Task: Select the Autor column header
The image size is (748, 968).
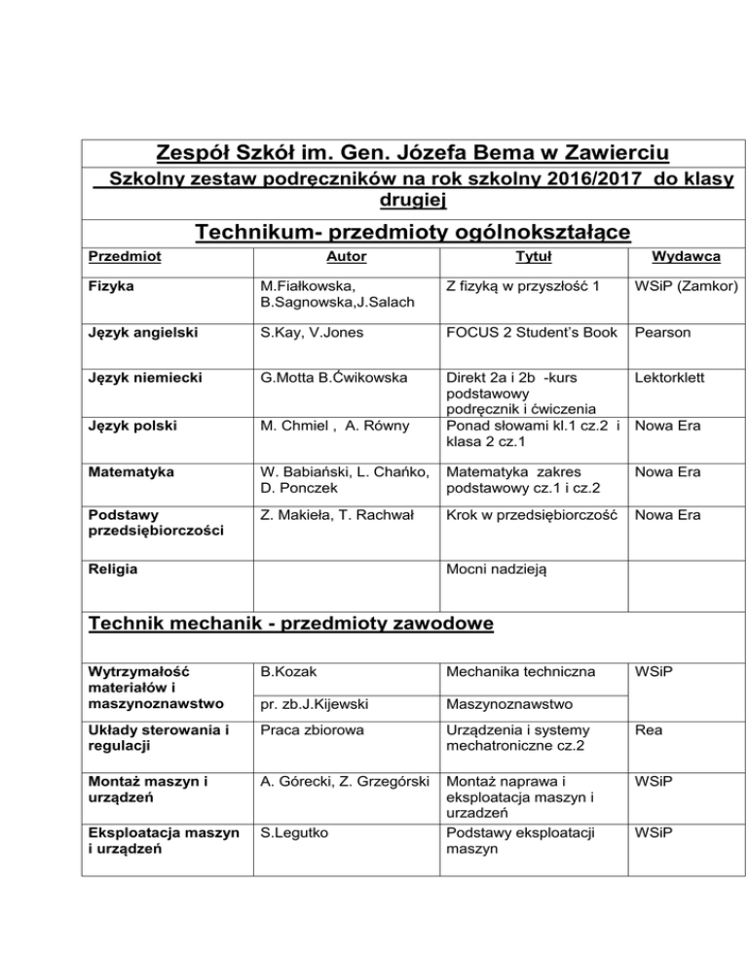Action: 340,256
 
